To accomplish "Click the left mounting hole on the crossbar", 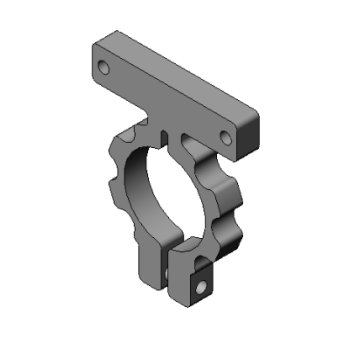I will click(x=104, y=68).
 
